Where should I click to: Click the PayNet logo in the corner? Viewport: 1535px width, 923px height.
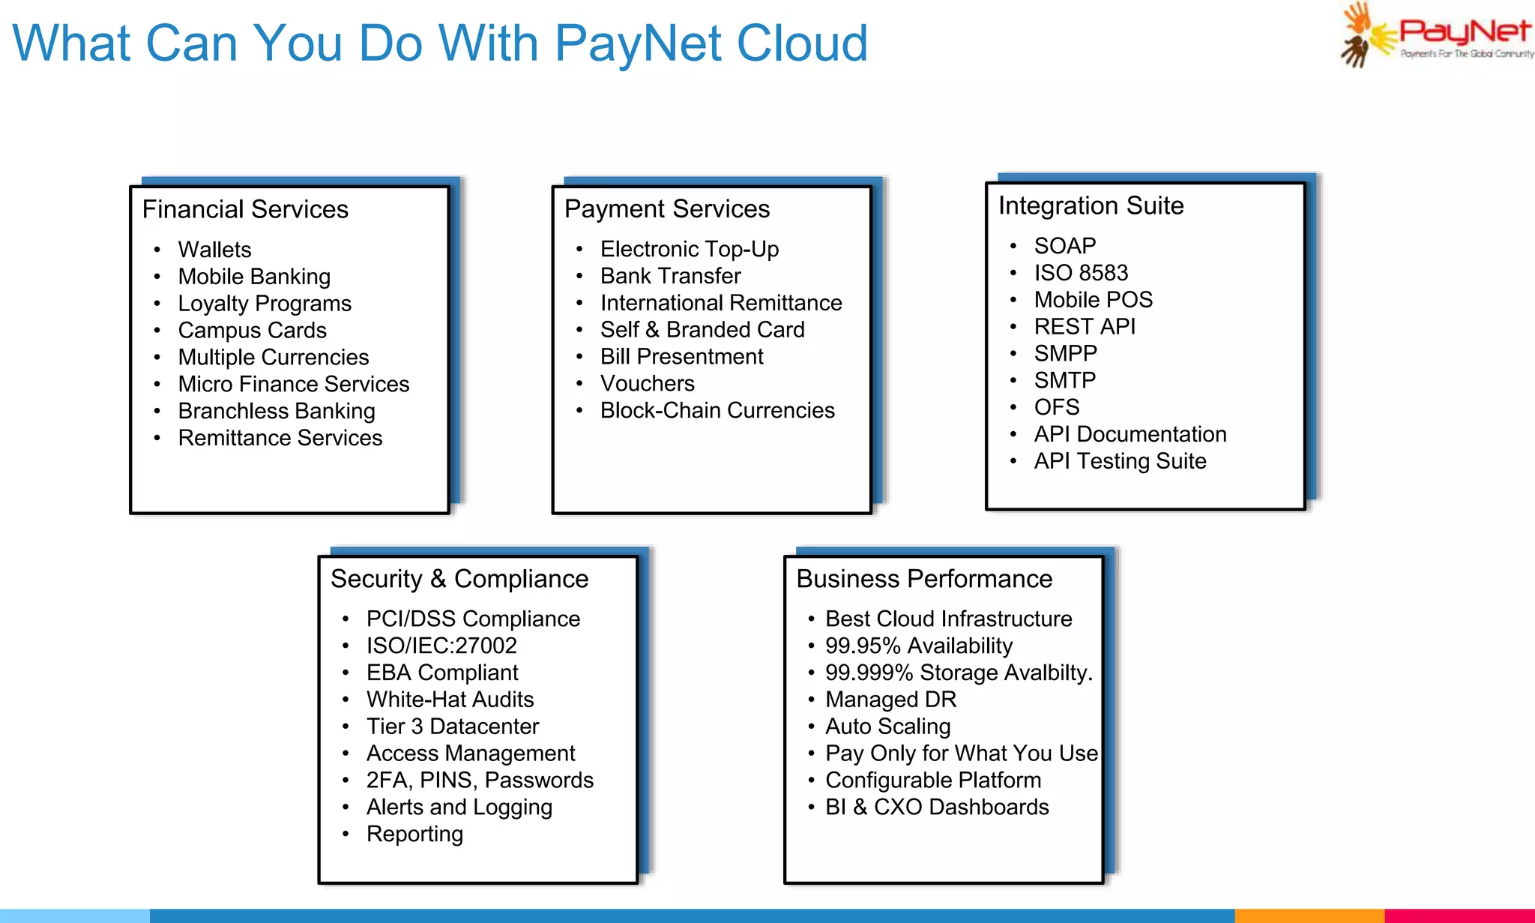click(x=1435, y=35)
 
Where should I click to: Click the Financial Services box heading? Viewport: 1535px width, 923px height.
click(x=245, y=209)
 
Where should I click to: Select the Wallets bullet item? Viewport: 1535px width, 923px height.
click(x=214, y=250)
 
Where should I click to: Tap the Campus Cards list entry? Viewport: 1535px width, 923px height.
click(x=252, y=331)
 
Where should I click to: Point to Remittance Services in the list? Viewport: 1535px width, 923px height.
click(x=280, y=438)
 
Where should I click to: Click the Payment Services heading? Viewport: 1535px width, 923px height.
click(x=666, y=208)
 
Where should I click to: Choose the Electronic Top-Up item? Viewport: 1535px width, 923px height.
click(x=689, y=249)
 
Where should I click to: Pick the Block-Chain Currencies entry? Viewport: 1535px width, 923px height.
click(x=717, y=410)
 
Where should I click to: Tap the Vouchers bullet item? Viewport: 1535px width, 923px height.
click(x=647, y=383)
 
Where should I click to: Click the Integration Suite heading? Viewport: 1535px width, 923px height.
click(x=1091, y=205)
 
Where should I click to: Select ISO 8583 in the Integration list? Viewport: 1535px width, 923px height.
click(x=1080, y=273)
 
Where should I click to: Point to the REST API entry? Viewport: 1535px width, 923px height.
click(x=1084, y=327)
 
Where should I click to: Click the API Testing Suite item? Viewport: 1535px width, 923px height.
click(x=1120, y=461)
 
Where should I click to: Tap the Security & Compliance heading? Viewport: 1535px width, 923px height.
click(x=459, y=579)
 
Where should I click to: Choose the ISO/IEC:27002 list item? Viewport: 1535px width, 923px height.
click(x=441, y=646)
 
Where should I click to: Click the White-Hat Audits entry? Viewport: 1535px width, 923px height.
click(x=450, y=700)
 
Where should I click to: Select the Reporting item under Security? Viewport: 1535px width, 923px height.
click(x=414, y=834)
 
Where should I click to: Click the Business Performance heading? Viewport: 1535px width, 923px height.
click(x=923, y=579)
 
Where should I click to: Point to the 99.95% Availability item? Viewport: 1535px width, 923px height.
click(x=918, y=646)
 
